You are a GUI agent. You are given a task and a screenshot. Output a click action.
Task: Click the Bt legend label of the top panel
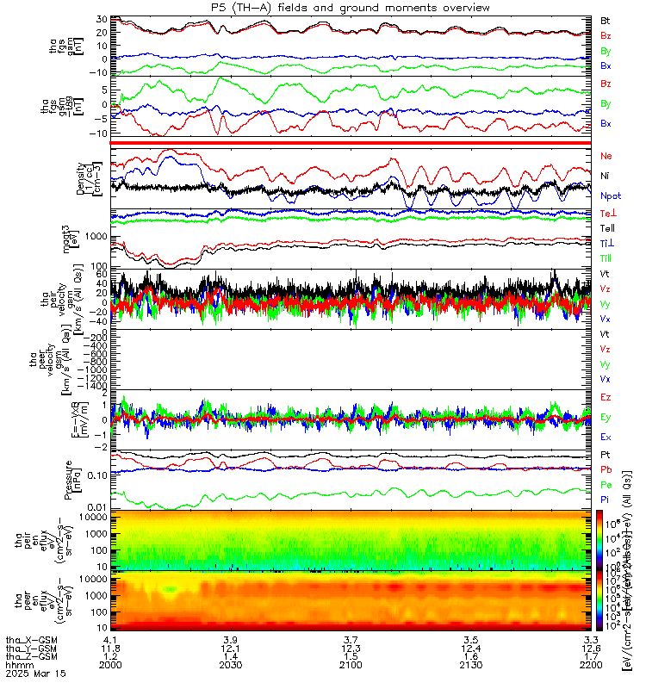606,19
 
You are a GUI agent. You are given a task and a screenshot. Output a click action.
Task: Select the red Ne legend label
607,156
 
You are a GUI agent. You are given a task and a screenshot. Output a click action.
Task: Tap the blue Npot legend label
610,196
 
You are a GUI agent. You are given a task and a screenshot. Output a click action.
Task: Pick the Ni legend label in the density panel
606,176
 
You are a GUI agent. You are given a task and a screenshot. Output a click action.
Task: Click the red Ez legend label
606,397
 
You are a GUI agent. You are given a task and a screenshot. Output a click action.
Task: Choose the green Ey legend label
606,418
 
